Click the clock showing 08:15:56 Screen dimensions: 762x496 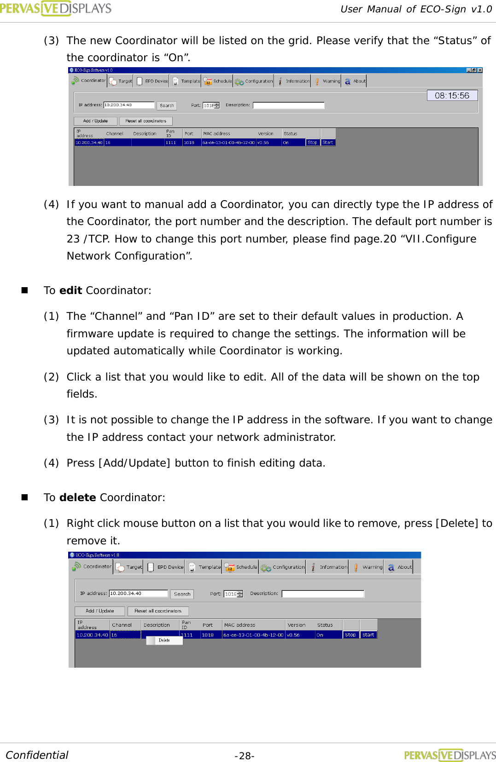point(452,95)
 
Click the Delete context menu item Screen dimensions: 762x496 point(164,640)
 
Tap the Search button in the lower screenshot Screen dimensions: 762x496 point(182,594)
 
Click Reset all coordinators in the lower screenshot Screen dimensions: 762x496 point(158,611)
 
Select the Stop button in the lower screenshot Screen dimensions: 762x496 point(350,635)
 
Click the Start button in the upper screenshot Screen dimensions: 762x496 point(327,143)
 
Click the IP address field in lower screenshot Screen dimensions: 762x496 point(138,594)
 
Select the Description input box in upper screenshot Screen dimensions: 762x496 point(288,105)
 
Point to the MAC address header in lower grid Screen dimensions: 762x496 point(239,625)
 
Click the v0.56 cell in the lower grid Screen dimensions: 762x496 point(293,635)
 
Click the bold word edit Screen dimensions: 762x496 point(70,290)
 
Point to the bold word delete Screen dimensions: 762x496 point(77,497)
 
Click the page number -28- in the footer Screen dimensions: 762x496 point(245,756)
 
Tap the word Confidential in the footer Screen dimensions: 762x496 point(37,755)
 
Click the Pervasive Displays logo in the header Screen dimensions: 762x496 point(56,8)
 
